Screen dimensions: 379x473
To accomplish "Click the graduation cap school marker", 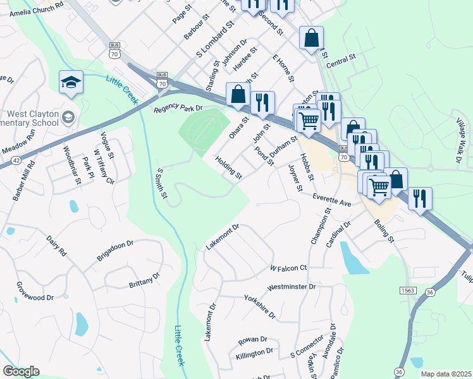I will tap(71, 82).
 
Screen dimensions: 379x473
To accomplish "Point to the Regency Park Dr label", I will tap(178, 108).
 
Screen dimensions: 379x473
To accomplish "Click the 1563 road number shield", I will tap(408, 290).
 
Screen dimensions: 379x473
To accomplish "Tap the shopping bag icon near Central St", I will tap(311, 39).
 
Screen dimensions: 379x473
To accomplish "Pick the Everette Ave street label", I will tap(331, 200).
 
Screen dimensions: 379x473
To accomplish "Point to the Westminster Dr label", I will tap(291, 287).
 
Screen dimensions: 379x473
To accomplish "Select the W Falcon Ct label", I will tap(288, 268).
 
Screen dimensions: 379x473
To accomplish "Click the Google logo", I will tap(21, 371).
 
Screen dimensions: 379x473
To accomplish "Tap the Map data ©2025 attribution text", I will tap(446, 374).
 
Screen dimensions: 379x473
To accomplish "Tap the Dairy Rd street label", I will tap(56, 245).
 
